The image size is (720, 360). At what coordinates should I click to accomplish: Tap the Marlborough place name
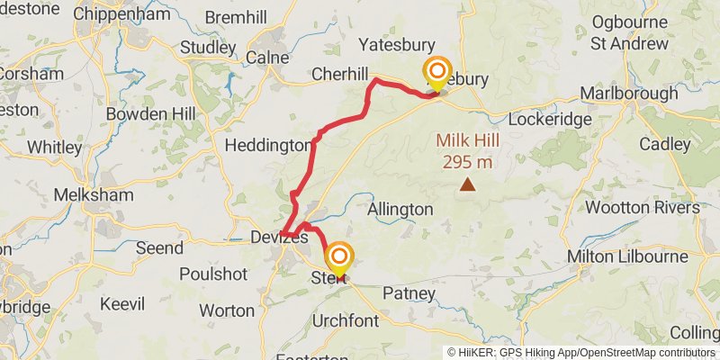click(x=629, y=94)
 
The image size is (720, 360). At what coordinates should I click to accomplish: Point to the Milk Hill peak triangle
click(x=467, y=185)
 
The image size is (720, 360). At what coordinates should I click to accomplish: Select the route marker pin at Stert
click(x=339, y=259)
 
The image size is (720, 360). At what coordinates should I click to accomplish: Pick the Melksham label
click(x=94, y=195)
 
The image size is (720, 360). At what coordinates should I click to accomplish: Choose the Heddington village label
click(x=268, y=145)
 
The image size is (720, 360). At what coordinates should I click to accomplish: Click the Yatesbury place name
click(x=396, y=45)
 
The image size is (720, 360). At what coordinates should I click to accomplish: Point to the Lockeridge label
click(x=550, y=119)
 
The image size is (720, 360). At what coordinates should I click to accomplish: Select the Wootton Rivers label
click(x=642, y=208)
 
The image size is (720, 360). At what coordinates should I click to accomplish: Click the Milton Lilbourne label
click(x=627, y=257)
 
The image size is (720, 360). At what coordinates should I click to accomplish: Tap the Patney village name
click(x=409, y=293)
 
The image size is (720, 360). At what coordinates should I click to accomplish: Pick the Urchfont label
click(x=347, y=320)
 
